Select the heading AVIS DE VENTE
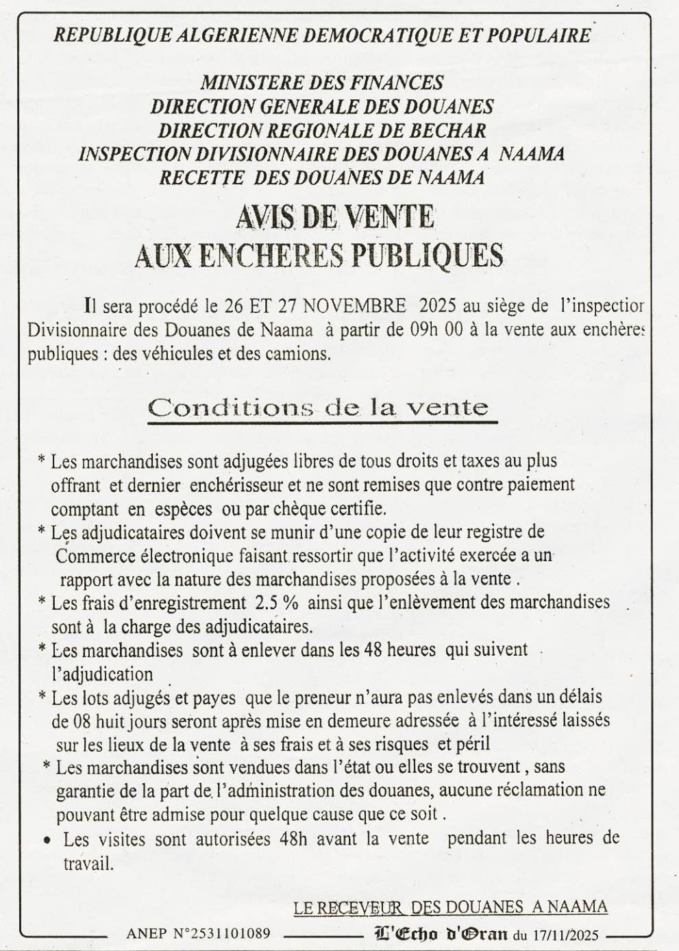tap(335, 219)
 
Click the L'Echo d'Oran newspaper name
tap(441, 933)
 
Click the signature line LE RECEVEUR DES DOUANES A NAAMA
tap(450, 907)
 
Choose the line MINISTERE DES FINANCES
tap(321, 83)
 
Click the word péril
tap(473, 744)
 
